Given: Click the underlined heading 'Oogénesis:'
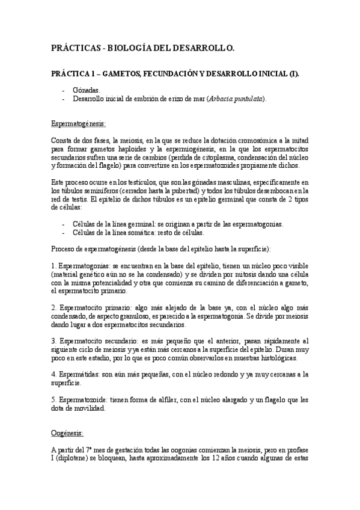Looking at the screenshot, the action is [67, 433].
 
